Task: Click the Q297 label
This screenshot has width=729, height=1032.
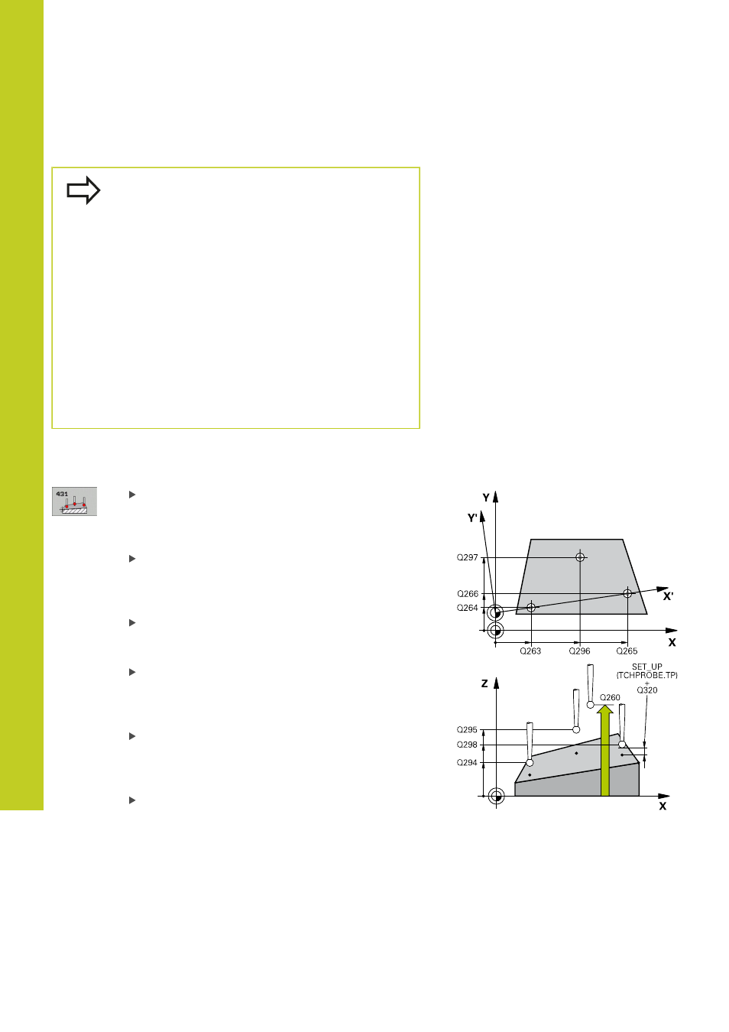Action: pyautogui.click(x=467, y=557)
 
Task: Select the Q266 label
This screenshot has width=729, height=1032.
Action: pyautogui.click(x=468, y=594)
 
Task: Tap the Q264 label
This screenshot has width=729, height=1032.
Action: pyautogui.click(x=467, y=608)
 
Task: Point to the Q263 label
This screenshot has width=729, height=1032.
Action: pyautogui.click(x=530, y=651)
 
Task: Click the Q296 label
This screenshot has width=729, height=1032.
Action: pyautogui.click(x=579, y=651)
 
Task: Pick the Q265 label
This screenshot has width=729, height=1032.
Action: pyautogui.click(x=627, y=651)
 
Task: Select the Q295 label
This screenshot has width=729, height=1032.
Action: pyautogui.click(x=467, y=730)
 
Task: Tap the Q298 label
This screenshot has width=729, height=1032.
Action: pyautogui.click(x=467, y=745)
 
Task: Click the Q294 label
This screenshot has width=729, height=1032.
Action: pyautogui.click(x=467, y=763)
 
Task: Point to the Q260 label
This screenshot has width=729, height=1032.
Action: pyautogui.click(x=610, y=697)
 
